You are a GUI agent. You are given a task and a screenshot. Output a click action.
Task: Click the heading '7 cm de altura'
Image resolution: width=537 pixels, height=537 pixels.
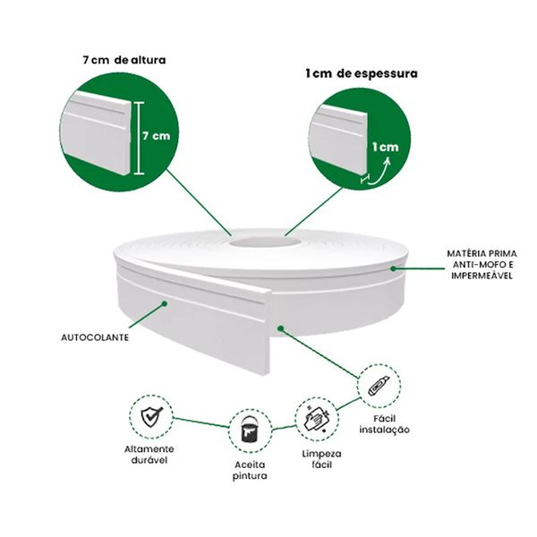pyautogui.click(x=124, y=60)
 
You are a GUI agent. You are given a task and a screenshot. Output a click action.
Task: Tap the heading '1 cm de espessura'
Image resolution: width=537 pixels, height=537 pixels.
pyautogui.click(x=362, y=73)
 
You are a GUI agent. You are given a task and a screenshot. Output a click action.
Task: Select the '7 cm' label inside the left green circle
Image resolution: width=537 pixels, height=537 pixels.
pyautogui.click(x=156, y=136)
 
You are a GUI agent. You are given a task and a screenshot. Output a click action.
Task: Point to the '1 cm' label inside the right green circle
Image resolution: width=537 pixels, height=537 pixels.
pyautogui.click(x=386, y=148)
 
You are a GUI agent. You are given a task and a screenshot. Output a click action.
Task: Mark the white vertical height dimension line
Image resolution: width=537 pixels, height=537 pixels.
pyautogui.click(x=139, y=138)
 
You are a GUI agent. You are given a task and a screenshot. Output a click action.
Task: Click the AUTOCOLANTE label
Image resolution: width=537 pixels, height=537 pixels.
pyautogui.click(x=95, y=337)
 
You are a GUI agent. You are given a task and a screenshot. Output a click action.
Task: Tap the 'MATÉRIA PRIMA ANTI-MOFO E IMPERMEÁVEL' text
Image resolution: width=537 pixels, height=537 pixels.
pyautogui.click(x=482, y=264)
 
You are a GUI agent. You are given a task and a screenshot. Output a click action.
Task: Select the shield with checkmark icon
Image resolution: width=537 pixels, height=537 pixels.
pyautogui.click(x=152, y=417)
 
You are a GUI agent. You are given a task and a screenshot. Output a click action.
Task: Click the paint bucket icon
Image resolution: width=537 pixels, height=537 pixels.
pyautogui.click(x=251, y=430)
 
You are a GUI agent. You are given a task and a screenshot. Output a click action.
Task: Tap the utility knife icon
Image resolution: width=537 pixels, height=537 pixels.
pyautogui.click(x=379, y=386)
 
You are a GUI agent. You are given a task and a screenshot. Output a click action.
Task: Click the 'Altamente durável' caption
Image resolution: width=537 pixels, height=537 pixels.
pyautogui.click(x=149, y=455)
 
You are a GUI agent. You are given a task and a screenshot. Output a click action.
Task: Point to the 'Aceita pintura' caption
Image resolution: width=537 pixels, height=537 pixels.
pyautogui.click(x=250, y=470)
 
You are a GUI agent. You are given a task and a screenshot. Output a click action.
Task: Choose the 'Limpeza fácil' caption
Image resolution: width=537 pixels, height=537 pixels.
pyautogui.click(x=321, y=459)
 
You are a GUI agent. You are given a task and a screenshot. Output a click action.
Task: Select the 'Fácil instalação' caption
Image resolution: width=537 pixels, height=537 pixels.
pyautogui.click(x=384, y=424)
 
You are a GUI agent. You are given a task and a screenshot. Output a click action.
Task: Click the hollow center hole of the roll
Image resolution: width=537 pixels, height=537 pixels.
pyautogui.click(x=265, y=242)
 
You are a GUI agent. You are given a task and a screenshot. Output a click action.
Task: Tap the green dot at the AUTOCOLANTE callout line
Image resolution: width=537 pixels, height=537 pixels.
pyautogui.click(x=165, y=303)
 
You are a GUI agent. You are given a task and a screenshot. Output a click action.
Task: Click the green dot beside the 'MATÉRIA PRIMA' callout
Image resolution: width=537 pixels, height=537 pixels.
pyautogui.click(x=394, y=268)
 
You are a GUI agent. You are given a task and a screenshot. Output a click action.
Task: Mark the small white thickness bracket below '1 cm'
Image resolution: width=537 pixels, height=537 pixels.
pyautogui.click(x=365, y=179)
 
